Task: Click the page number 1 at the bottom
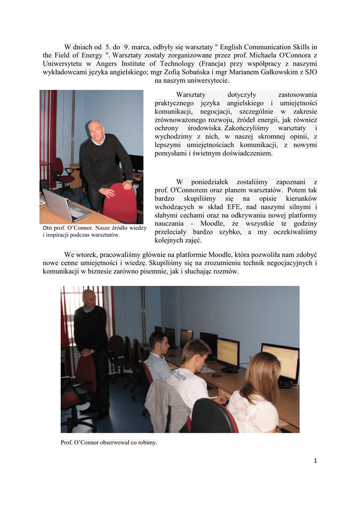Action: tap(315, 460)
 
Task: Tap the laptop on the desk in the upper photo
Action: tap(65, 205)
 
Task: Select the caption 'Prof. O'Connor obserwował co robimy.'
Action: tap(108, 442)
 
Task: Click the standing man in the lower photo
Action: tap(91, 348)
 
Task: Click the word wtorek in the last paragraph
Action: tap(90, 254)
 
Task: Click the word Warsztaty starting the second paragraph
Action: tap(191, 94)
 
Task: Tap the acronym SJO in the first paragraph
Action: tap(310, 72)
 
